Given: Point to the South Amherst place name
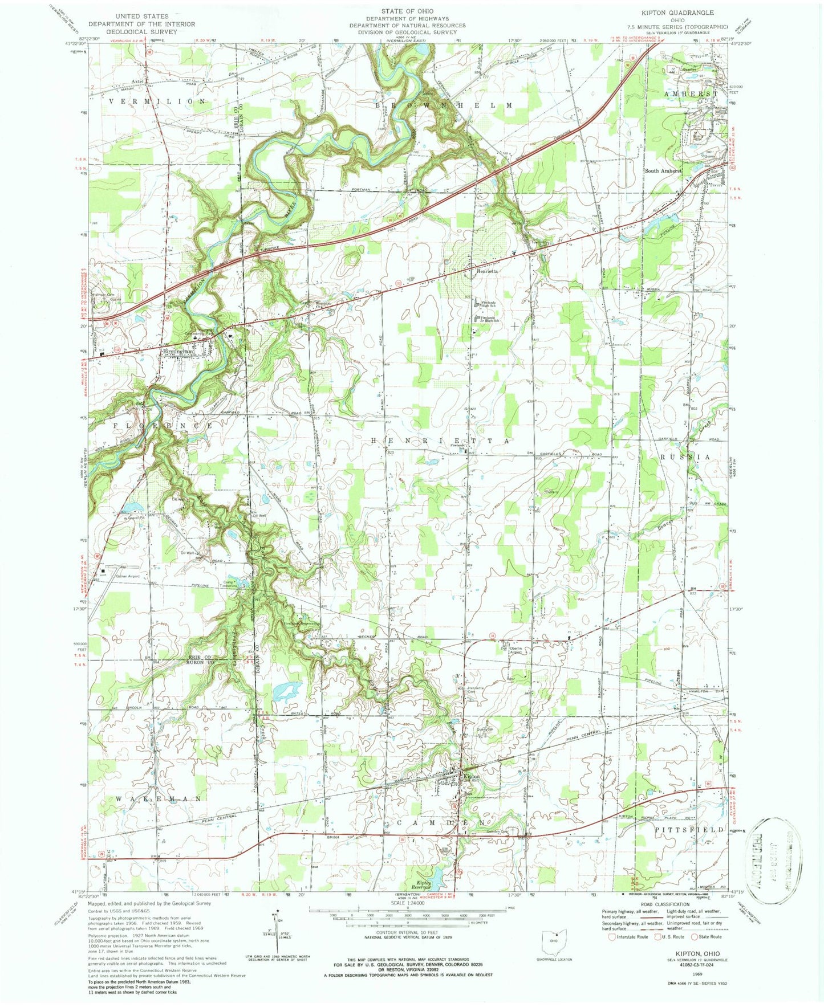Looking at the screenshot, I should tap(663, 171).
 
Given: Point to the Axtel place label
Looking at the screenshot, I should tap(137, 81).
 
